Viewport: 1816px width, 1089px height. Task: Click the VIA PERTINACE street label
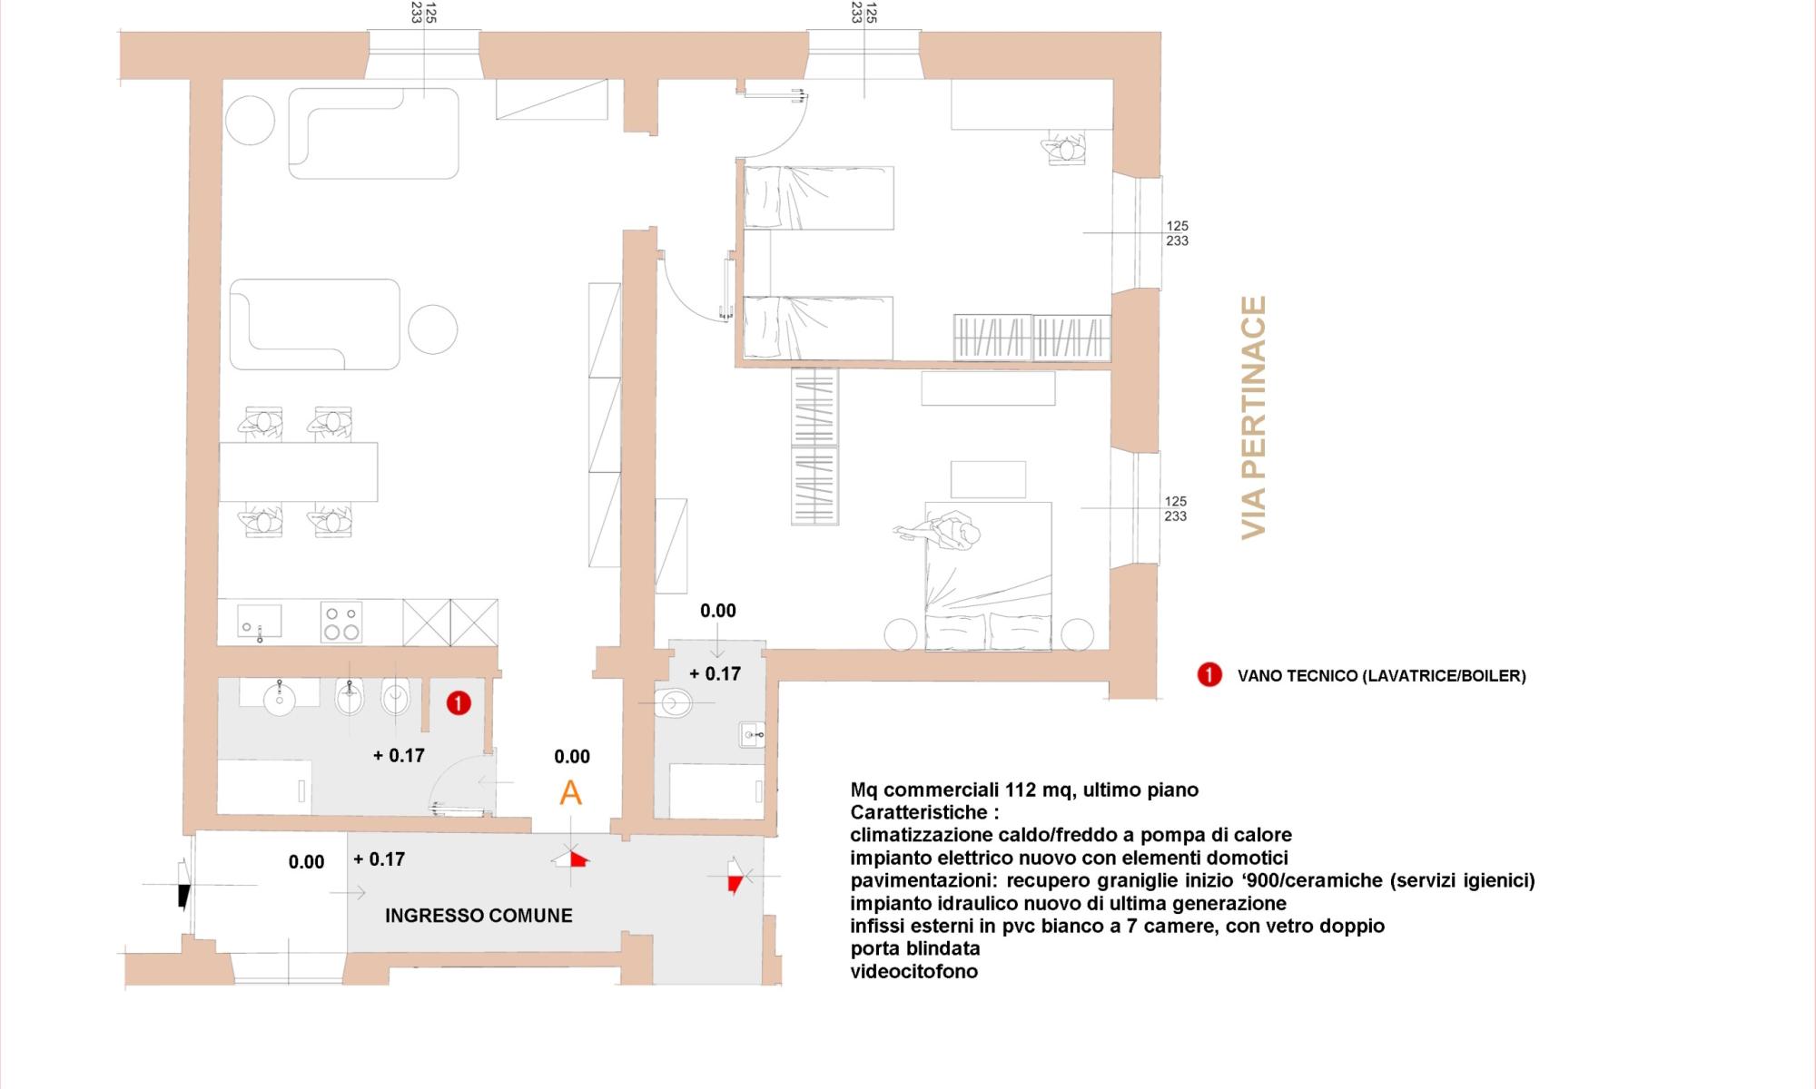[1254, 417]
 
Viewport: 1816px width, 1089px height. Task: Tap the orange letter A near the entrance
[570, 793]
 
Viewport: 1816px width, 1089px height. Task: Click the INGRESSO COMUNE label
[479, 916]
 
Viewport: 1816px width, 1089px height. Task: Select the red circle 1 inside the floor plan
[459, 703]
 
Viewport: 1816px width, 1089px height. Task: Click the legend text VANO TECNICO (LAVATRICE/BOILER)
[1381, 676]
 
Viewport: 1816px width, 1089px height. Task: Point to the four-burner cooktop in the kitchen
[340, 623]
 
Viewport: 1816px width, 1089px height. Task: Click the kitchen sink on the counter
[260, 622]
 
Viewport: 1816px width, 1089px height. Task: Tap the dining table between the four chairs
[298, 472]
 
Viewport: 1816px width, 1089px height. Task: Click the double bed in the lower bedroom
[988, 581]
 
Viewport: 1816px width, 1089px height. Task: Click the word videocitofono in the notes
[913, 972]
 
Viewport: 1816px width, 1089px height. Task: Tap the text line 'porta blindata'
[914, 949]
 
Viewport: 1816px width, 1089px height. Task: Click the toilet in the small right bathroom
[674, 701]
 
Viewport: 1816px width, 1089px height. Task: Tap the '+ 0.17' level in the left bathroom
[399, 755]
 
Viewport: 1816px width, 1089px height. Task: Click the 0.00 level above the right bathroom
[717, 612]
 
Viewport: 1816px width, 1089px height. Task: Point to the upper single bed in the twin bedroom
[818, 198]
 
